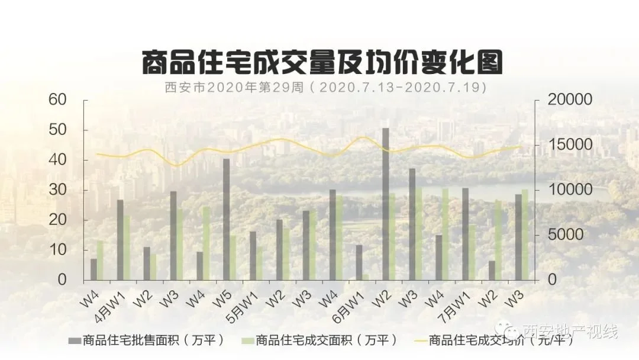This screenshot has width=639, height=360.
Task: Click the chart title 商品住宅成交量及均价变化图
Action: [x=322, y=62]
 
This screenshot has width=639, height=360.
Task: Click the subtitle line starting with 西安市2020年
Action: [x=325, y=88]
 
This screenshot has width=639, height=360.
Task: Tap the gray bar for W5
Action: [x=226, y=219]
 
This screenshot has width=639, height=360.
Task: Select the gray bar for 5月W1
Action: [x=253, y=255]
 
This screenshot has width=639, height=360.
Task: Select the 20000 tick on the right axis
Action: [x=570, y=99]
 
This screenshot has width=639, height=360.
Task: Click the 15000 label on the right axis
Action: [x=570, y=145]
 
